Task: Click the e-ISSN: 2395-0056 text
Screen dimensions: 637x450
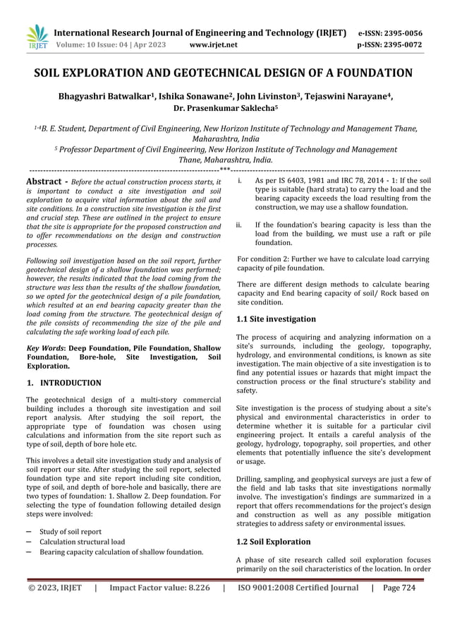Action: (390, 32)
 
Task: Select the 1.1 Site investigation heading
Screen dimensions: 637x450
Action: (276, 319)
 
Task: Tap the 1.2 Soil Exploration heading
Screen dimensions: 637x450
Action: (273, 542)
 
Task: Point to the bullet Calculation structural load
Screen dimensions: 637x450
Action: (83, 542)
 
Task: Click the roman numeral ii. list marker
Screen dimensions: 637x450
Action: (241, 225)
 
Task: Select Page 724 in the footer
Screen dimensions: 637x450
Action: (399, 588)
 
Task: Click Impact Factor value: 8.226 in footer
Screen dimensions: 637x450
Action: (159, 588)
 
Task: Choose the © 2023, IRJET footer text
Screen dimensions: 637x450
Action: (54, 588)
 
